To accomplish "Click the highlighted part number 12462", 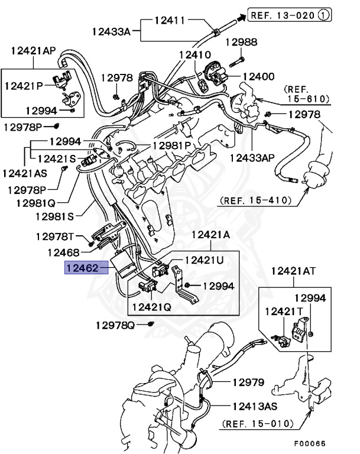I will pyautogui.click(x=83, y=269).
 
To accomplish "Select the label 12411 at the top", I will pyautogui.click(x=170, y=20).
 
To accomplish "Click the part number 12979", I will pyautogui.click(x=247, y=382).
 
